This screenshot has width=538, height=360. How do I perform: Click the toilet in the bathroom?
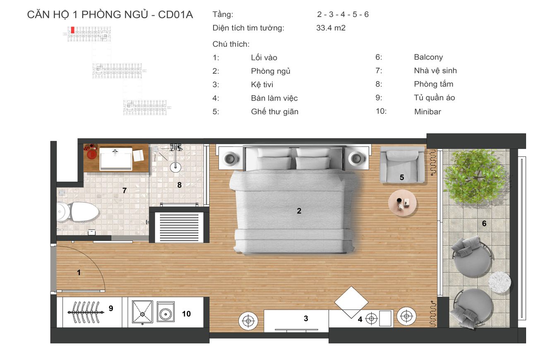click(x=81, y=212)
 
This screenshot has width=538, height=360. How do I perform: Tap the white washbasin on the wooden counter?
click(x=116, y=159)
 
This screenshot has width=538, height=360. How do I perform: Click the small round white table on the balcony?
click(x=500, y=283)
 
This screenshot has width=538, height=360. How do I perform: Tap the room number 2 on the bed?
click(x=299, y=211)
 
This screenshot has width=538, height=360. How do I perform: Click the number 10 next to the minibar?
click(x=186, y=314)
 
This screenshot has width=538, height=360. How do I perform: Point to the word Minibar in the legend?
click(x=428, y=112)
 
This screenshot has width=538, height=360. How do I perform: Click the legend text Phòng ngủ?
click(x=270, y=71)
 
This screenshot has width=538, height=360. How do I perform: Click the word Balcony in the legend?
click(x=428, y=58)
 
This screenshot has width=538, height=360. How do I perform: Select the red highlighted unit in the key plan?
click(x=72, y=30)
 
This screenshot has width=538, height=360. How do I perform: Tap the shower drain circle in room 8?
click(x=175, y=167)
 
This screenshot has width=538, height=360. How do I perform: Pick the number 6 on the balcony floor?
click(x=484, y=224)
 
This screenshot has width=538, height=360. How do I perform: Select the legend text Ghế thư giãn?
click(x=274, y=112)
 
